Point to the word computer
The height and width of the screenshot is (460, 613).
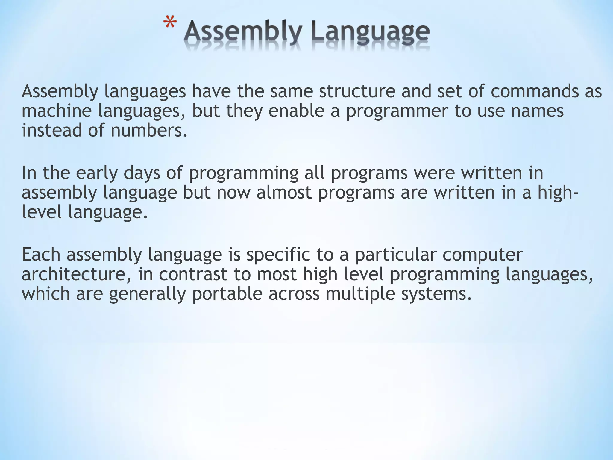click(x=482, y=255)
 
